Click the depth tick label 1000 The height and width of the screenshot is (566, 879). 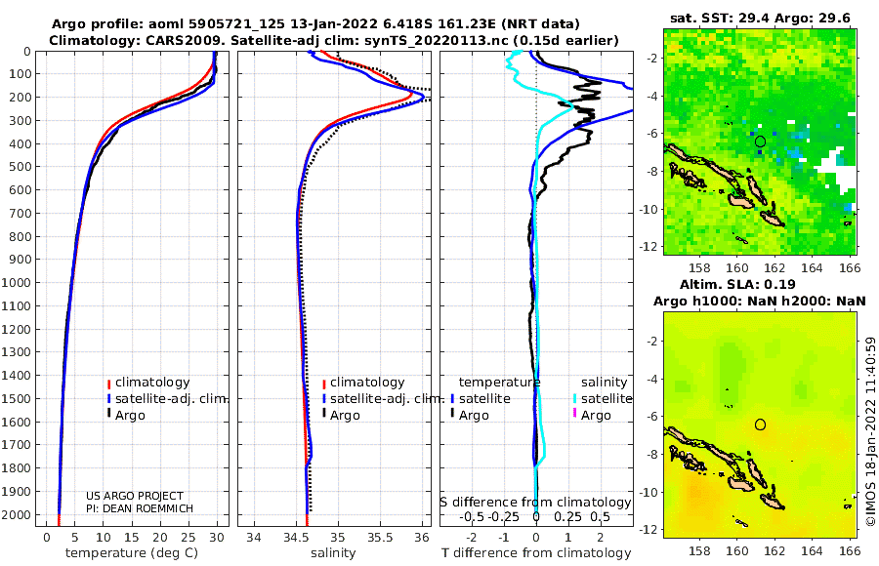17,282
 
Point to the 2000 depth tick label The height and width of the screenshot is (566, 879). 17,514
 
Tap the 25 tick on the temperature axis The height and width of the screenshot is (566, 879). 188,538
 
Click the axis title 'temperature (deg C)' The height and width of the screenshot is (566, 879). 132,553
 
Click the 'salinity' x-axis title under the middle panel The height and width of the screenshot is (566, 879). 333,553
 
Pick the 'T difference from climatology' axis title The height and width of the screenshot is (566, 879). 536,553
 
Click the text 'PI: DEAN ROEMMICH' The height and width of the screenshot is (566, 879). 140,508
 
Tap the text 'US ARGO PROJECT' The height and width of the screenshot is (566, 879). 135,496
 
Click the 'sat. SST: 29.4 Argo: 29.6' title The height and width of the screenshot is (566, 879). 760,19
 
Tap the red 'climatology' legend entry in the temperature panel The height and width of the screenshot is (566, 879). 148,383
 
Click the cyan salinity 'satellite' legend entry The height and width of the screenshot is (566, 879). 602,399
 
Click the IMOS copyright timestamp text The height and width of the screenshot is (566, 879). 870,431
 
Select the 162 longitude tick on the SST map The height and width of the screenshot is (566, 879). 774,268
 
